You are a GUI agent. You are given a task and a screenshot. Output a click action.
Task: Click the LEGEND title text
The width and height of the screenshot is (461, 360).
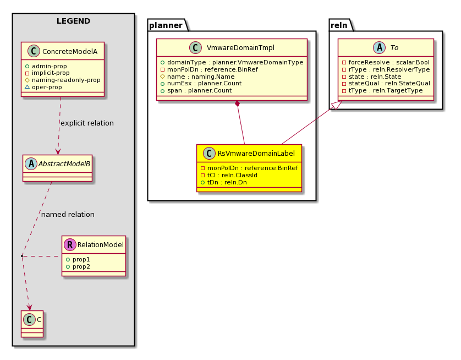pos(73,21)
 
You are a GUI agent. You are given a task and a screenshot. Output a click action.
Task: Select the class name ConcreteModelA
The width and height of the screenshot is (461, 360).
pos(70,52)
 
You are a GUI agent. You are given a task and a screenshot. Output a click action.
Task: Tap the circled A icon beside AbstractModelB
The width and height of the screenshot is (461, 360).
pos(31,164)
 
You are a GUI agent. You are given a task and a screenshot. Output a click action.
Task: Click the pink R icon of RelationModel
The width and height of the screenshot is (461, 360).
pos(70,245)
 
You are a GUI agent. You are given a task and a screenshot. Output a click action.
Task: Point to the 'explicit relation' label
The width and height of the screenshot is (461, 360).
pos(87,123)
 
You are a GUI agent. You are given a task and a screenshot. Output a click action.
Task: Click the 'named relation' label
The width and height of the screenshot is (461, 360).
pos(68,215)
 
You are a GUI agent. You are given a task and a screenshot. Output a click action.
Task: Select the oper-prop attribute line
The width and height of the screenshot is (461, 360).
pos(43,87)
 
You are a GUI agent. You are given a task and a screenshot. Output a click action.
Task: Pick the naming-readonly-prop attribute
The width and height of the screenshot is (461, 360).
pos(63,80)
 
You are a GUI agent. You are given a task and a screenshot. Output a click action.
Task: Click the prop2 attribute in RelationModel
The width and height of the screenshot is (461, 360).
pos(78,266)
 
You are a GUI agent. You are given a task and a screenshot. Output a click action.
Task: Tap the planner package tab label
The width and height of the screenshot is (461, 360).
pos(166,25)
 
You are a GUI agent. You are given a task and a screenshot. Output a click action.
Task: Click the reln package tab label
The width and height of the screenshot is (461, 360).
pos(339,25)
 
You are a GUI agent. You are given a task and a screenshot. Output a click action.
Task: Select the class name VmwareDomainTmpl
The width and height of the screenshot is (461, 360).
pos(240,48)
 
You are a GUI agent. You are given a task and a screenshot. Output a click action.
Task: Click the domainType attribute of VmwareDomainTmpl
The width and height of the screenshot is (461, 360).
pos(232,62)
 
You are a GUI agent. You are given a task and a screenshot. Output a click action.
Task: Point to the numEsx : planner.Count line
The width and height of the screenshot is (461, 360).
pos(201,83)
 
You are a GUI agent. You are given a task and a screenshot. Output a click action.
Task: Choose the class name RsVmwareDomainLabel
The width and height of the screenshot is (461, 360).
pos(256,153)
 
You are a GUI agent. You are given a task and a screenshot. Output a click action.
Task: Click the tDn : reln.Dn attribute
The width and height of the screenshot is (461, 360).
pos(224,182)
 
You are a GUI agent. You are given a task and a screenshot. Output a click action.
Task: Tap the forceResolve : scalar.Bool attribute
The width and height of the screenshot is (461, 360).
pos(386,62)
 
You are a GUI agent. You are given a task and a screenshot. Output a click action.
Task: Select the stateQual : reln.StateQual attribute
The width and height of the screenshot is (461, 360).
pos(386,83)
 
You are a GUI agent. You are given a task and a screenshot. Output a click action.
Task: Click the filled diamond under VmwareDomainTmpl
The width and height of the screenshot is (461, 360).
pos(237,104)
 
